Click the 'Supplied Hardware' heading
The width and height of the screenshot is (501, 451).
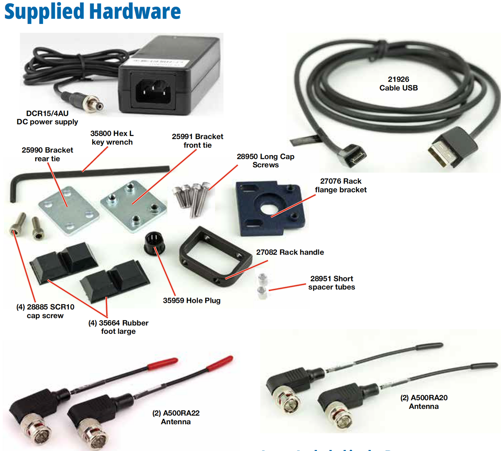click(93, 12)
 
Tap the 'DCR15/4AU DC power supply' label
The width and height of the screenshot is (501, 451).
click(47, 118)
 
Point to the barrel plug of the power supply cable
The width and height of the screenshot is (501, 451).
click(94, 103)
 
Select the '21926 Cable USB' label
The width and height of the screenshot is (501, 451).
click(398, 84)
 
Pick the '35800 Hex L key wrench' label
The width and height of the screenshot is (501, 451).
click(112, 138)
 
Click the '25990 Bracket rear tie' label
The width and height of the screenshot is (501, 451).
click(47, 154)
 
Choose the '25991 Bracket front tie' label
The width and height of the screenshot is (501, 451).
click(197, 141)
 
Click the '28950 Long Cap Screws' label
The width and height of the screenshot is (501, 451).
click(265, 161)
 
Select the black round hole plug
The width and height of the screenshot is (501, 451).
click(154, 242)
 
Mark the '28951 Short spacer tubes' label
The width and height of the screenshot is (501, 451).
click(332, 283)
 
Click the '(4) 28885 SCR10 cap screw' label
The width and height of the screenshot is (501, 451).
click(45, 311)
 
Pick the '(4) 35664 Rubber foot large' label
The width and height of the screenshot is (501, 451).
click(118, 327)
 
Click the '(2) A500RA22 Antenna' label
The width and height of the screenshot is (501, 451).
click(176, 417)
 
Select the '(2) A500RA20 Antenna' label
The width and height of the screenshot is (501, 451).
click(424, 402)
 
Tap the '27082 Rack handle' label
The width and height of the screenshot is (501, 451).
click(290, 252)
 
